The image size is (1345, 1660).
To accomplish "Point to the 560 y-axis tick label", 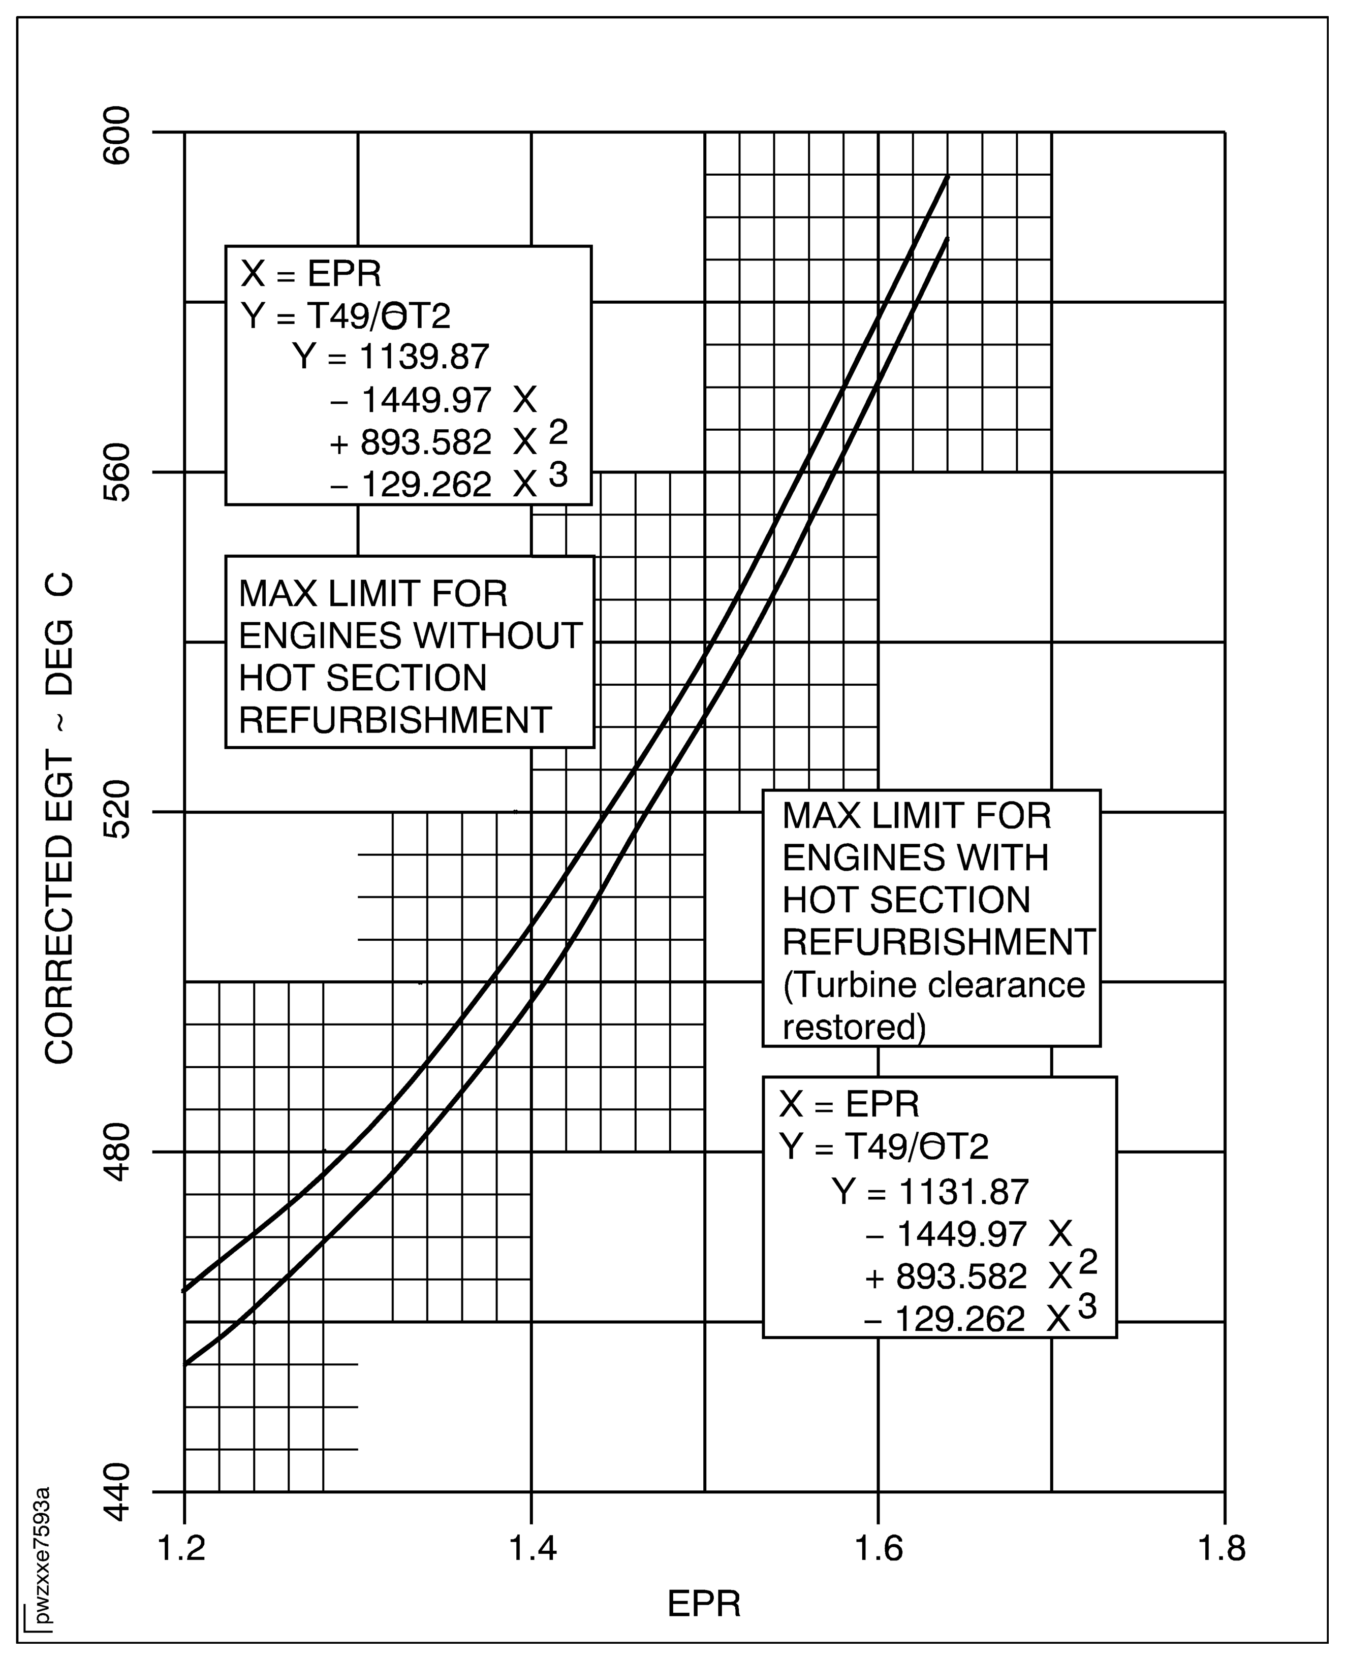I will (118, 474).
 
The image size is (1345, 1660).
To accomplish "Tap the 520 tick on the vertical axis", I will (118, 813).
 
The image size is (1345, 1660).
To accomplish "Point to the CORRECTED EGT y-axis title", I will (60, 818).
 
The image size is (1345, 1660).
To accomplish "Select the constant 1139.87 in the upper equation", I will (425, 357).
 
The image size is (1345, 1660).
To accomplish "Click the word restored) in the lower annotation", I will (854, 1027).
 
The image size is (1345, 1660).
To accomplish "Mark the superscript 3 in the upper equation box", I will (558, 473).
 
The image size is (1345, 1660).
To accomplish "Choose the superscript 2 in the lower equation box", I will (1088, 1263).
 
